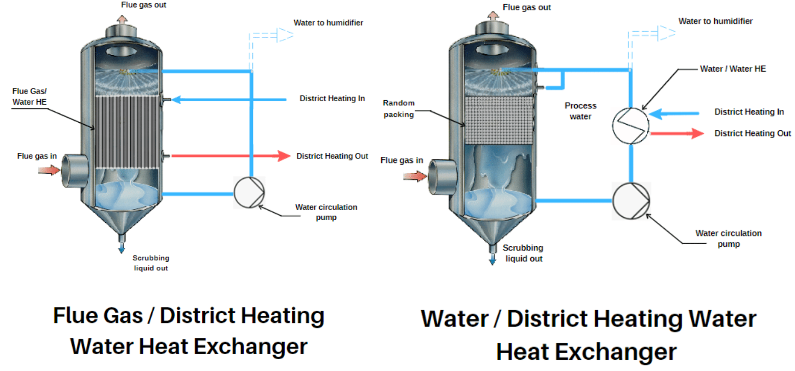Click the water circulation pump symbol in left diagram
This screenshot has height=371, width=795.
[x=249, y=193]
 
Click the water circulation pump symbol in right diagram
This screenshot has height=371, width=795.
[x=630, y=200]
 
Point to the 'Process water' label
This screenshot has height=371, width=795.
[x=580, y=110]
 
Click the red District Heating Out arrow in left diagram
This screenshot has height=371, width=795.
[x=230, y=155]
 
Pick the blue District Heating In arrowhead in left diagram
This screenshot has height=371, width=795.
[x=176, y=100]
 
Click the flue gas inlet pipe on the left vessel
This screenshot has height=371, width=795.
[x=72, y=171]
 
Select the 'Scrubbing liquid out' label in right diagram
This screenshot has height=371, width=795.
[x=524, y=253]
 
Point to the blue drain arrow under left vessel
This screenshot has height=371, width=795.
[x=122, y=248]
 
